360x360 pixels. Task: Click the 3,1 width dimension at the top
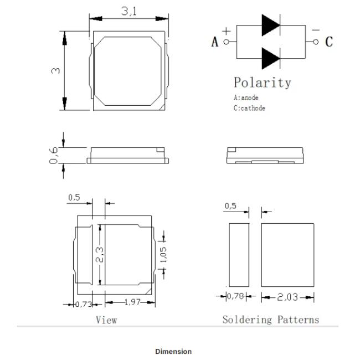(x=128, y=11)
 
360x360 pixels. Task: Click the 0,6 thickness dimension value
(x=54, y=156)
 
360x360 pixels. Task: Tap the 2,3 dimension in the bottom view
(x=99, y=254)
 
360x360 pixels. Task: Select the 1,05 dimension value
(x=163, y=255)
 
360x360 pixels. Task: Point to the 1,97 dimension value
(x=132, y=302)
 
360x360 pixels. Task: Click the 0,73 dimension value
(x=84, y=305)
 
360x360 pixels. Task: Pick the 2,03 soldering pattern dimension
(x=287, y=297)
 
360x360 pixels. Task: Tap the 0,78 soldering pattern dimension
(x=235, y=296)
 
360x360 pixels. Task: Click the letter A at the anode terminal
(x=215, y=42)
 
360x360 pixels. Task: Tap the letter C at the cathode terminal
(x=329, y=42)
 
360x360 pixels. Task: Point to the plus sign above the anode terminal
(x=226, y=31)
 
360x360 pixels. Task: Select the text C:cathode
(x=249, y=108)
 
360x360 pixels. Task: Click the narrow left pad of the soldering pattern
(x=239, y=255)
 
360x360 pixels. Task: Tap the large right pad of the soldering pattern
(x=287, y=255)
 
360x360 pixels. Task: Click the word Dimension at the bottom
(x=173, y=352)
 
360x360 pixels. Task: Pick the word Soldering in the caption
(x=247, y=320)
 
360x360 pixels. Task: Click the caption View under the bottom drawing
(x=106, y=320)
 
